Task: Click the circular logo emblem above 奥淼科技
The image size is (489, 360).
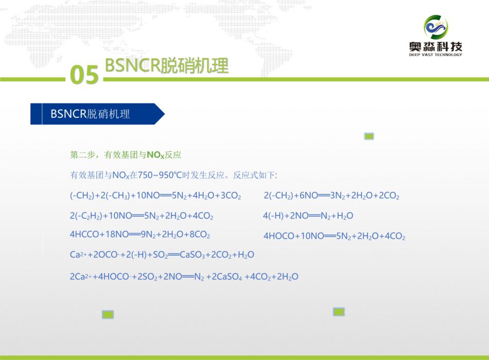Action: point(435,27)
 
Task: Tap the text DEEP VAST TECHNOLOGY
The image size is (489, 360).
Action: point(435,55)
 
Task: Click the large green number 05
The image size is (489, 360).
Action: point(84,75)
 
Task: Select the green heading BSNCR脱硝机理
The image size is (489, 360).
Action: point(167,65)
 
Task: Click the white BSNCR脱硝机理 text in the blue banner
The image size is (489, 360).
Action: point(90,114)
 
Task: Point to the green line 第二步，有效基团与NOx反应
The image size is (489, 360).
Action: point(126,155)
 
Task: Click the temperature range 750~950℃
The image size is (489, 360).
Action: point(160,175)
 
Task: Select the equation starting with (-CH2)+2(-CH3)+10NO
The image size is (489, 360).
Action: point(155,195)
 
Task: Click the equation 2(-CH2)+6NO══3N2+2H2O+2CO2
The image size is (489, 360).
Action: point(331,195)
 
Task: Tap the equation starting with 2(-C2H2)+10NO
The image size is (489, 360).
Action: point(142,215)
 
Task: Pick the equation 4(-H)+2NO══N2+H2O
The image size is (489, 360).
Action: point(308,215)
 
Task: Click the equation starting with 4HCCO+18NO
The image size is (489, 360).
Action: point(140,235)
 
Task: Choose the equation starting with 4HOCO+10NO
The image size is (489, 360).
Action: point(334,236)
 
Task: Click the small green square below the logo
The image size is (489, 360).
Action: point(369,136)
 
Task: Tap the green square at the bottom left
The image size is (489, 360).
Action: point(108,315)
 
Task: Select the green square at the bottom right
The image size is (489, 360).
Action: point(339,312)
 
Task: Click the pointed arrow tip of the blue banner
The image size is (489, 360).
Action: point(164,114)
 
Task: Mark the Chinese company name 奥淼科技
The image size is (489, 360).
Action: point(435,47)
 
